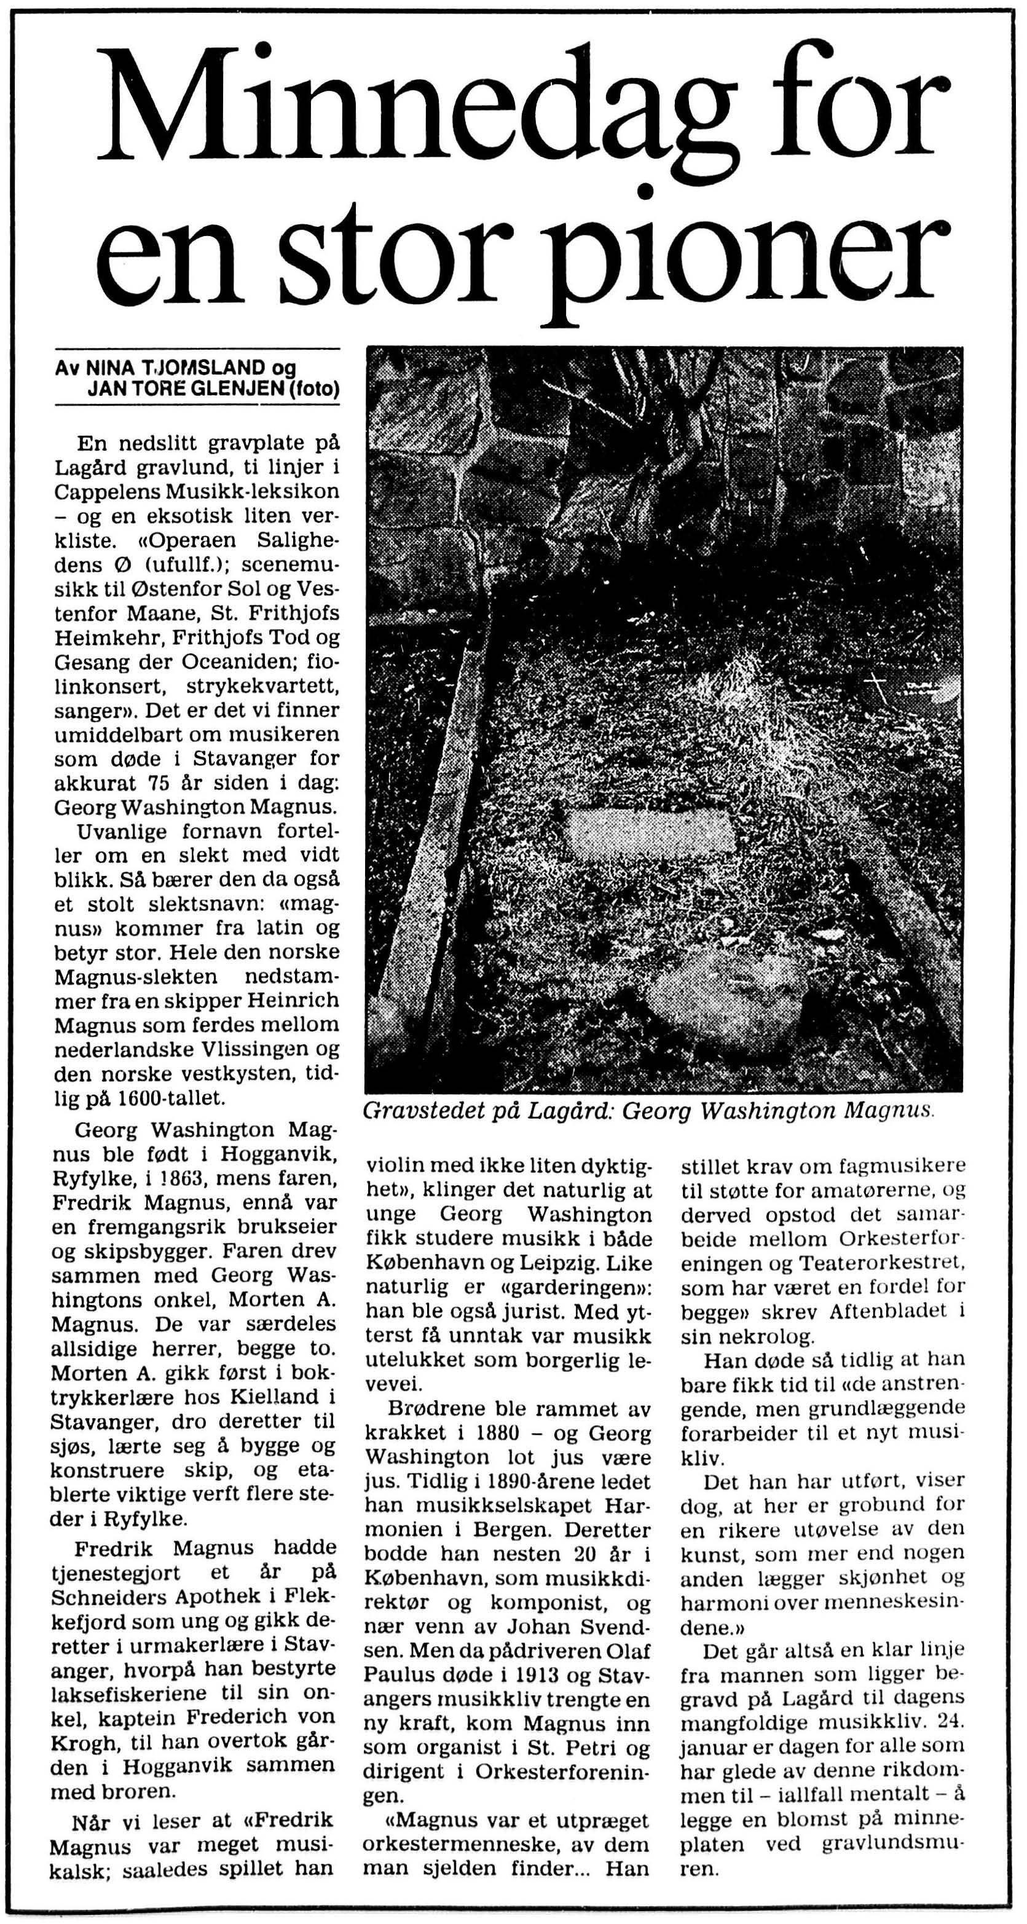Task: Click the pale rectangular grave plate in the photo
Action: pos(650,832)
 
